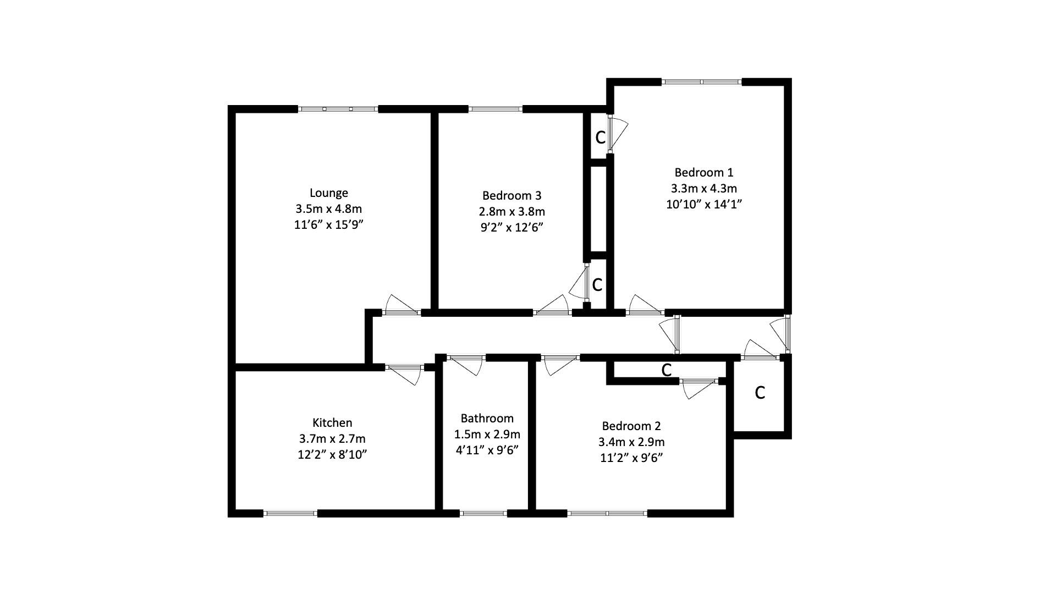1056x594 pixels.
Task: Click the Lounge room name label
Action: coord(328,193)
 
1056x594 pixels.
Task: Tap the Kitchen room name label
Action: coord(332,423)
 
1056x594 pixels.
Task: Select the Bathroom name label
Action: coord(487,419)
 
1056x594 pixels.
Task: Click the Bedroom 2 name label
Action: coord(631,426)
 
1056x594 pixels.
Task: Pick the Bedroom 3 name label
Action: coord(512,195)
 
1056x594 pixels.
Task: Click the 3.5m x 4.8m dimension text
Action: coord(328,209)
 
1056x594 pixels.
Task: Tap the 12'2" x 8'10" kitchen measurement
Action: coord(332,455)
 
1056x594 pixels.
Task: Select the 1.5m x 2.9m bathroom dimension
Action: coord(487,435)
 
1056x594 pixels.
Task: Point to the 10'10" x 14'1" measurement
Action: coord(703,204)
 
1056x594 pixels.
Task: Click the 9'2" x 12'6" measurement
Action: coord(512,227)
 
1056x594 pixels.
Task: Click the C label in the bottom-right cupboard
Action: coord(760,393)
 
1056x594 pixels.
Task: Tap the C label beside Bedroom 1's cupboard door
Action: coord(600,137)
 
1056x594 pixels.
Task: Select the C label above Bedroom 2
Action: coord(666,370)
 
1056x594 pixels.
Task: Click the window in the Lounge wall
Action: coord(338,109)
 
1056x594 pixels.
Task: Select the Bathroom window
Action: coord(483,514)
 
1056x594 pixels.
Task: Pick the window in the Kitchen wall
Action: coord(290,514)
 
